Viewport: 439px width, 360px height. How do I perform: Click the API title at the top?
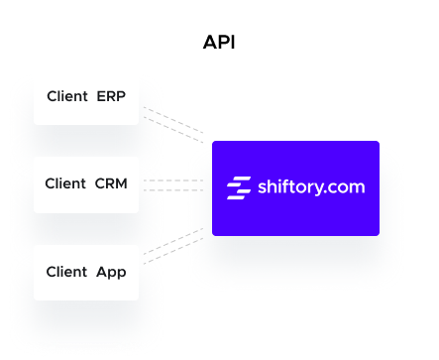(219, 43)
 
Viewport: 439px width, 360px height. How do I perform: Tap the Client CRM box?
(86, 183)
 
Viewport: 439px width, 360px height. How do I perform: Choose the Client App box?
(86, 271)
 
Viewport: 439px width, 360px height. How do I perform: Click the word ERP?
(111, 96)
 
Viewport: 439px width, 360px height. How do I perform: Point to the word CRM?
(111, 183)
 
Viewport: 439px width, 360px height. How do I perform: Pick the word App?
(111, 271)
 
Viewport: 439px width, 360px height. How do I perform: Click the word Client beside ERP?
(66, 96)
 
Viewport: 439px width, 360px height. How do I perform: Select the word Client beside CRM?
(65, 183)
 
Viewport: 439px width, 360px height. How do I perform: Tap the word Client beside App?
(66, 271)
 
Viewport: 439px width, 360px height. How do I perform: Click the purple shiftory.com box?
(295, 188)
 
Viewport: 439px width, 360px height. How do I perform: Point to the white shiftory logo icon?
(239, 186)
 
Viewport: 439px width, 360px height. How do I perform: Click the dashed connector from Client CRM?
(173, 184)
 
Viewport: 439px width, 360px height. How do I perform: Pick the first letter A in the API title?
(209, 43)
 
